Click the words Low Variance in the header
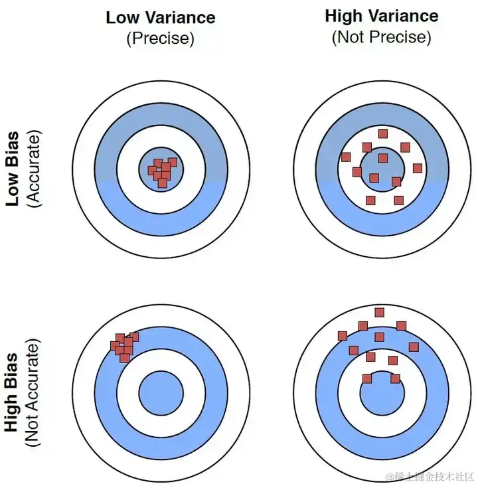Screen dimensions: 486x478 (160, 17)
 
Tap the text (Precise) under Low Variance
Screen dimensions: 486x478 (160, 39)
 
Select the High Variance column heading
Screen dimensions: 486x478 (381, 15)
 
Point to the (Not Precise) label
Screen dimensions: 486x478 (381, 37)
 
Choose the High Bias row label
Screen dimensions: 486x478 (12, 393)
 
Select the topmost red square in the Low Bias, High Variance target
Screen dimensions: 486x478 (383, 133)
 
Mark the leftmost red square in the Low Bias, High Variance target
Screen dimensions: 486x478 (345, 157)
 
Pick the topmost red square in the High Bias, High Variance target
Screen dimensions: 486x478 (380, 312)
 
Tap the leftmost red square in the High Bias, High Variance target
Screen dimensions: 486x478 (343, 335)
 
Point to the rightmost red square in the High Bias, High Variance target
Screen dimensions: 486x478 (414, 347)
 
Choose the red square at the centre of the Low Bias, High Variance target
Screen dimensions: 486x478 (382, 158)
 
